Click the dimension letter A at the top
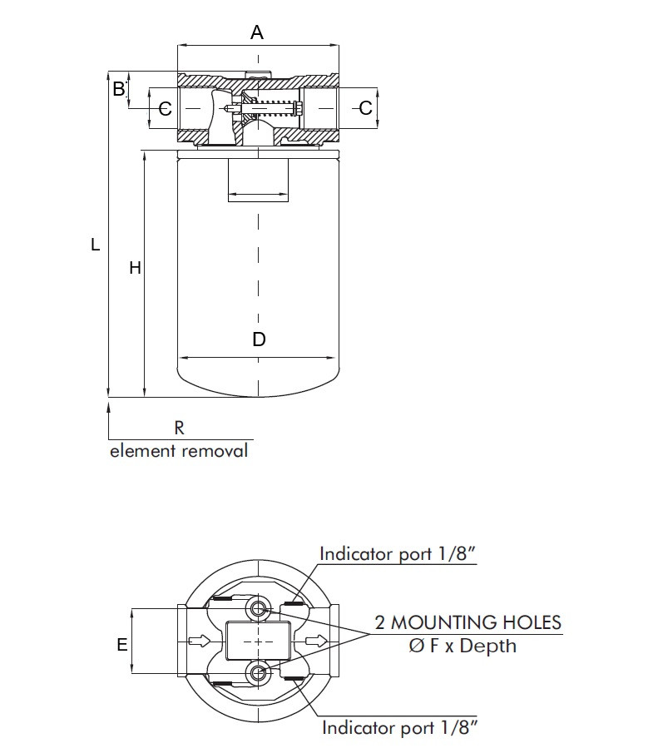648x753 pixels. click(257, 32)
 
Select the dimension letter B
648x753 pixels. click(119, 88)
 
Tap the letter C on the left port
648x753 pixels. click(165, 108)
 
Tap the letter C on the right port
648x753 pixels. click(365, 107)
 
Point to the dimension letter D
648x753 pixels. click(259, 339)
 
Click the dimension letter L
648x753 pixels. click(96, 245)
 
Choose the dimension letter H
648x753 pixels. click(135, 268)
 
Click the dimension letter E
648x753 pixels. click(122, 645)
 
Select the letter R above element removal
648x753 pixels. click(179, 428)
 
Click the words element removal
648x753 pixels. click(179, 451)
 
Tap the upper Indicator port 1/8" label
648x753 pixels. click(398, 554)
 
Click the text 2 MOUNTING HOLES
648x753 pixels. click(468, 622)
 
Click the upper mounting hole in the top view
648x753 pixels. click(258, 610)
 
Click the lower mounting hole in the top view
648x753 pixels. click(258, 672)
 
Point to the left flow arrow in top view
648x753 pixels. click(200, 641)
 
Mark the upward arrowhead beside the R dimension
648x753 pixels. click(109, 408)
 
